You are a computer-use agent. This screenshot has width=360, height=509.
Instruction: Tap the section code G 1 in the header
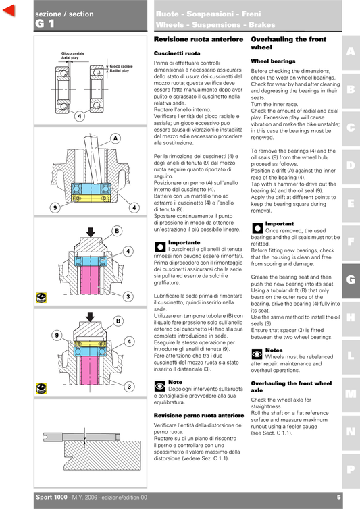click(x=45, y=24)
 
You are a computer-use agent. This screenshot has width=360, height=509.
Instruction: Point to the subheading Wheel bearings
click(x=273, y=61)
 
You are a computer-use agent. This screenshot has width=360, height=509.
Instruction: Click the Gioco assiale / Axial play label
click(x=73, y=55)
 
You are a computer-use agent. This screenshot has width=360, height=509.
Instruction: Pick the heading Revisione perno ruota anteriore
click(x=199, y=415)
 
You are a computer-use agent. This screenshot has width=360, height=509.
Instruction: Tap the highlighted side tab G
click(x=351, y=279)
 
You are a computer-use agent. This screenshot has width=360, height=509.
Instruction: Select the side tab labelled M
click(x=351, y=393)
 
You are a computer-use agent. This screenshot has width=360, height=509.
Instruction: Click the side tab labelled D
click(x=351, y=165)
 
